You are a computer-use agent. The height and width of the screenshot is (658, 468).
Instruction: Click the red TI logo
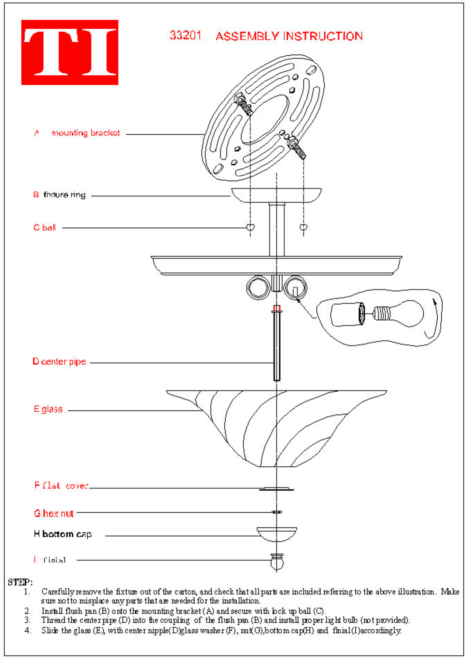(x=70, y=52)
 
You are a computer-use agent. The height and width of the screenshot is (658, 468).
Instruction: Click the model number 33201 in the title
(x=185, y=35)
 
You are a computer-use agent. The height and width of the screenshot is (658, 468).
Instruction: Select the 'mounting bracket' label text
(x=85, y=133)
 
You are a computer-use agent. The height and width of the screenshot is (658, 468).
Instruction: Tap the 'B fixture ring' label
(x=59, y=195)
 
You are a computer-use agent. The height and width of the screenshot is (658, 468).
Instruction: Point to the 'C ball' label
(x=44, y=228)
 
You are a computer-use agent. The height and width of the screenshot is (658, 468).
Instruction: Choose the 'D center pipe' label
(x=59, y=362)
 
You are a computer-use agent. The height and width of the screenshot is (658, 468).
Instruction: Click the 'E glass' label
(x=48, y=409)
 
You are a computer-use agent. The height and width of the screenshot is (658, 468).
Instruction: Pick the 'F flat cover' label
(x=61, y=486)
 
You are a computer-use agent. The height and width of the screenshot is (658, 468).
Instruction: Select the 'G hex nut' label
(x=54, y=513)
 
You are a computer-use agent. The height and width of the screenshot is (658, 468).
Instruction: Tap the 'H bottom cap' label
(x=63, y=534)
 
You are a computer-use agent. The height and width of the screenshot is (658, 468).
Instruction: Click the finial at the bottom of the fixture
(x=277, y=561)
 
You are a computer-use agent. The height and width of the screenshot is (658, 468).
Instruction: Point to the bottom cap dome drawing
(x=277, y=534)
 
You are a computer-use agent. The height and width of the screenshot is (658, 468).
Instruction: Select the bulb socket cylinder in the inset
(x=346, y=314)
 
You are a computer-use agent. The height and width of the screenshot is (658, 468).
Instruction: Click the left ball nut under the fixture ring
(x=250, y=227)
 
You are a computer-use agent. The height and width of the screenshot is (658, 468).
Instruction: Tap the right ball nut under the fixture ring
(x=304, y=227)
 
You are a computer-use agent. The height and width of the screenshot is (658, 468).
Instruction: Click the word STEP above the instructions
(x=20, y=582)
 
